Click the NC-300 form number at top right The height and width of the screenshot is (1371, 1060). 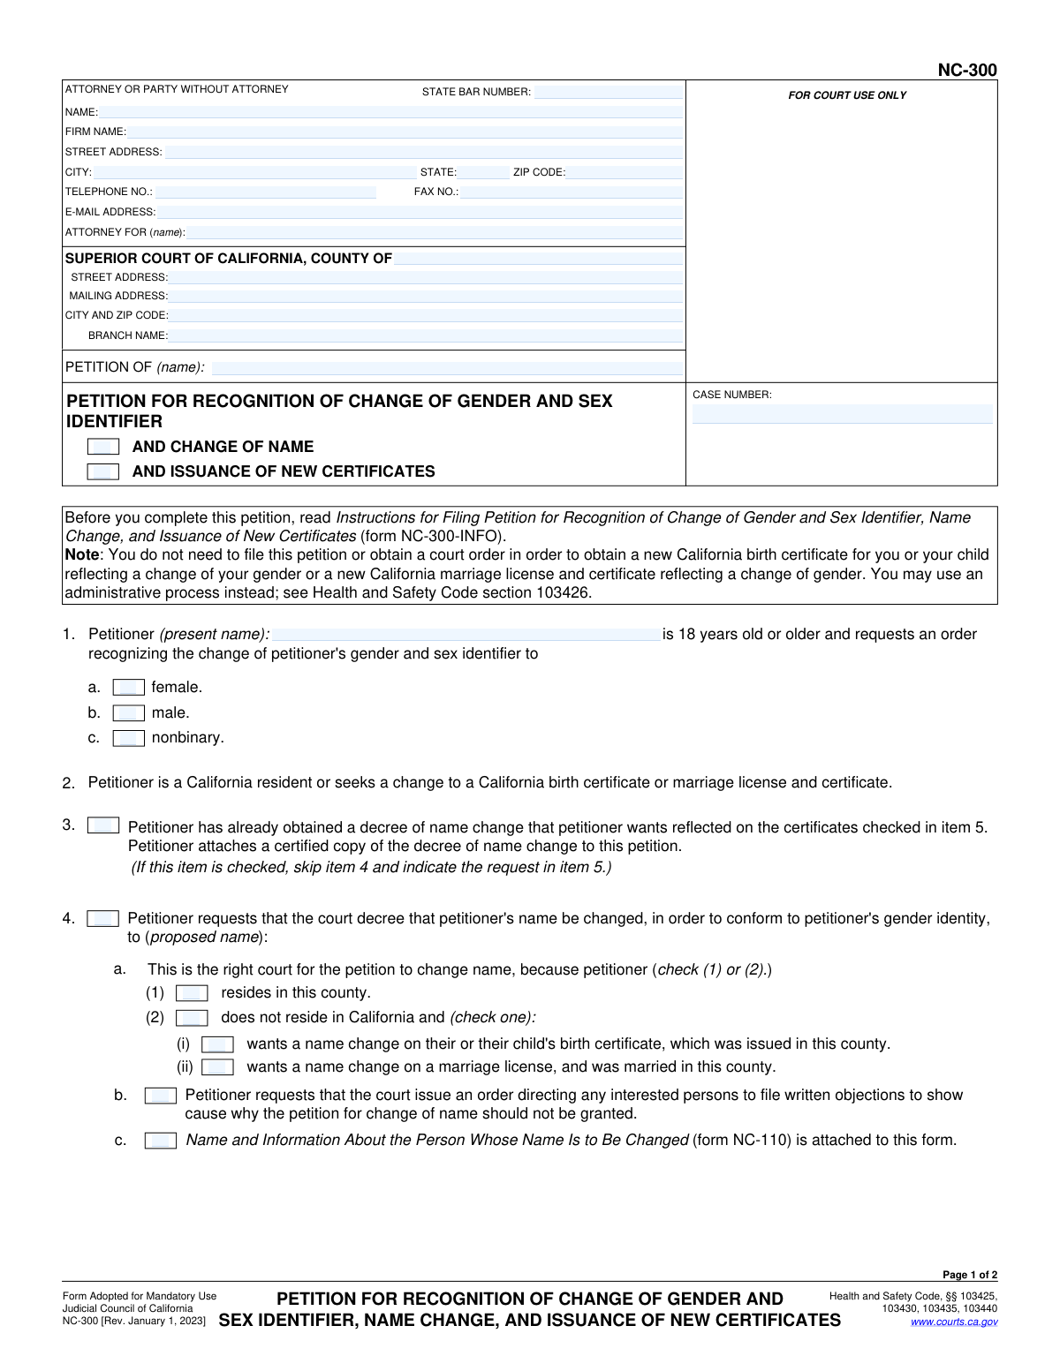[967, 71]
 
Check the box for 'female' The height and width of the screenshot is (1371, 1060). [129, 688]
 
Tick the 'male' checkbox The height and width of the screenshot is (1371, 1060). [129, 713]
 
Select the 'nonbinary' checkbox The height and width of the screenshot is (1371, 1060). [129, 738]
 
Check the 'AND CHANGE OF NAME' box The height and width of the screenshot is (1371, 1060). [103, 447]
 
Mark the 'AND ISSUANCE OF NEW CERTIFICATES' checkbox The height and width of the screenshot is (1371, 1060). [103, 471]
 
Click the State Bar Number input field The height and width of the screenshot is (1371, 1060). [608, 92]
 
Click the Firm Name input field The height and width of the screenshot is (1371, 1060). [405, 132]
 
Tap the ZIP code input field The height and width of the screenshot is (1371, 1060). [625, 173]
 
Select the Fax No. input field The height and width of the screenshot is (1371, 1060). [571, 192]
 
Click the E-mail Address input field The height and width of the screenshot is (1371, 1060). [420, 213]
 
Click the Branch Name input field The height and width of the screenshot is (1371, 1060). [426, 336]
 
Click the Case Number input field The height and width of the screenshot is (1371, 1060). [842, 414]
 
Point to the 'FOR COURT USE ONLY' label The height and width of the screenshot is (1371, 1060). [847, 95]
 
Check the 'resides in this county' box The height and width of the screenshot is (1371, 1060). [192, 993]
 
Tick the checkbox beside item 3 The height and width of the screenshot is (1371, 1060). [103, 825]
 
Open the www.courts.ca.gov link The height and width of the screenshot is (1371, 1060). [954, 1322]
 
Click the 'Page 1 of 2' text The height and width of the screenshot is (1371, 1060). [970, 1275]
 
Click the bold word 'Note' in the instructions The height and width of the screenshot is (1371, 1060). [82, 555]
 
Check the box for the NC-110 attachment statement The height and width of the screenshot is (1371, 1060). [161, 1141]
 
